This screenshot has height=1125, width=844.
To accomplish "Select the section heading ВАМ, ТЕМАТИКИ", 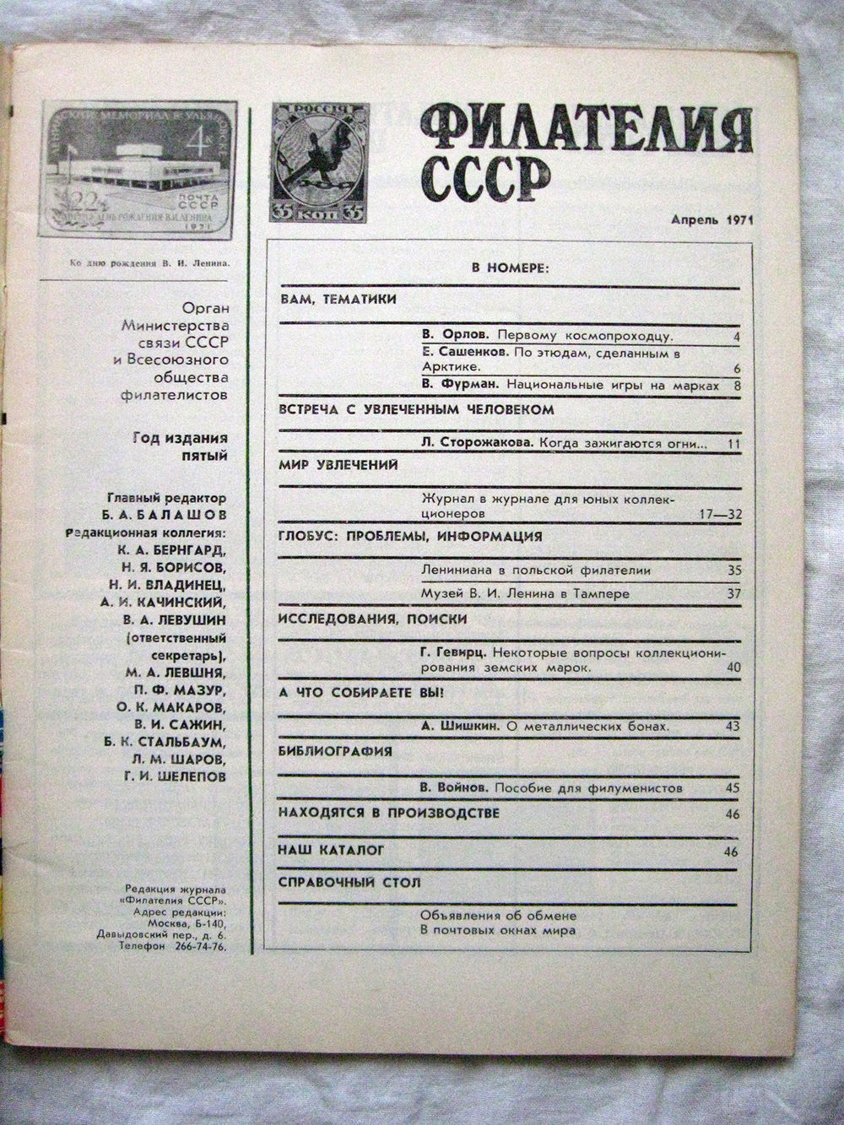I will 337,300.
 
